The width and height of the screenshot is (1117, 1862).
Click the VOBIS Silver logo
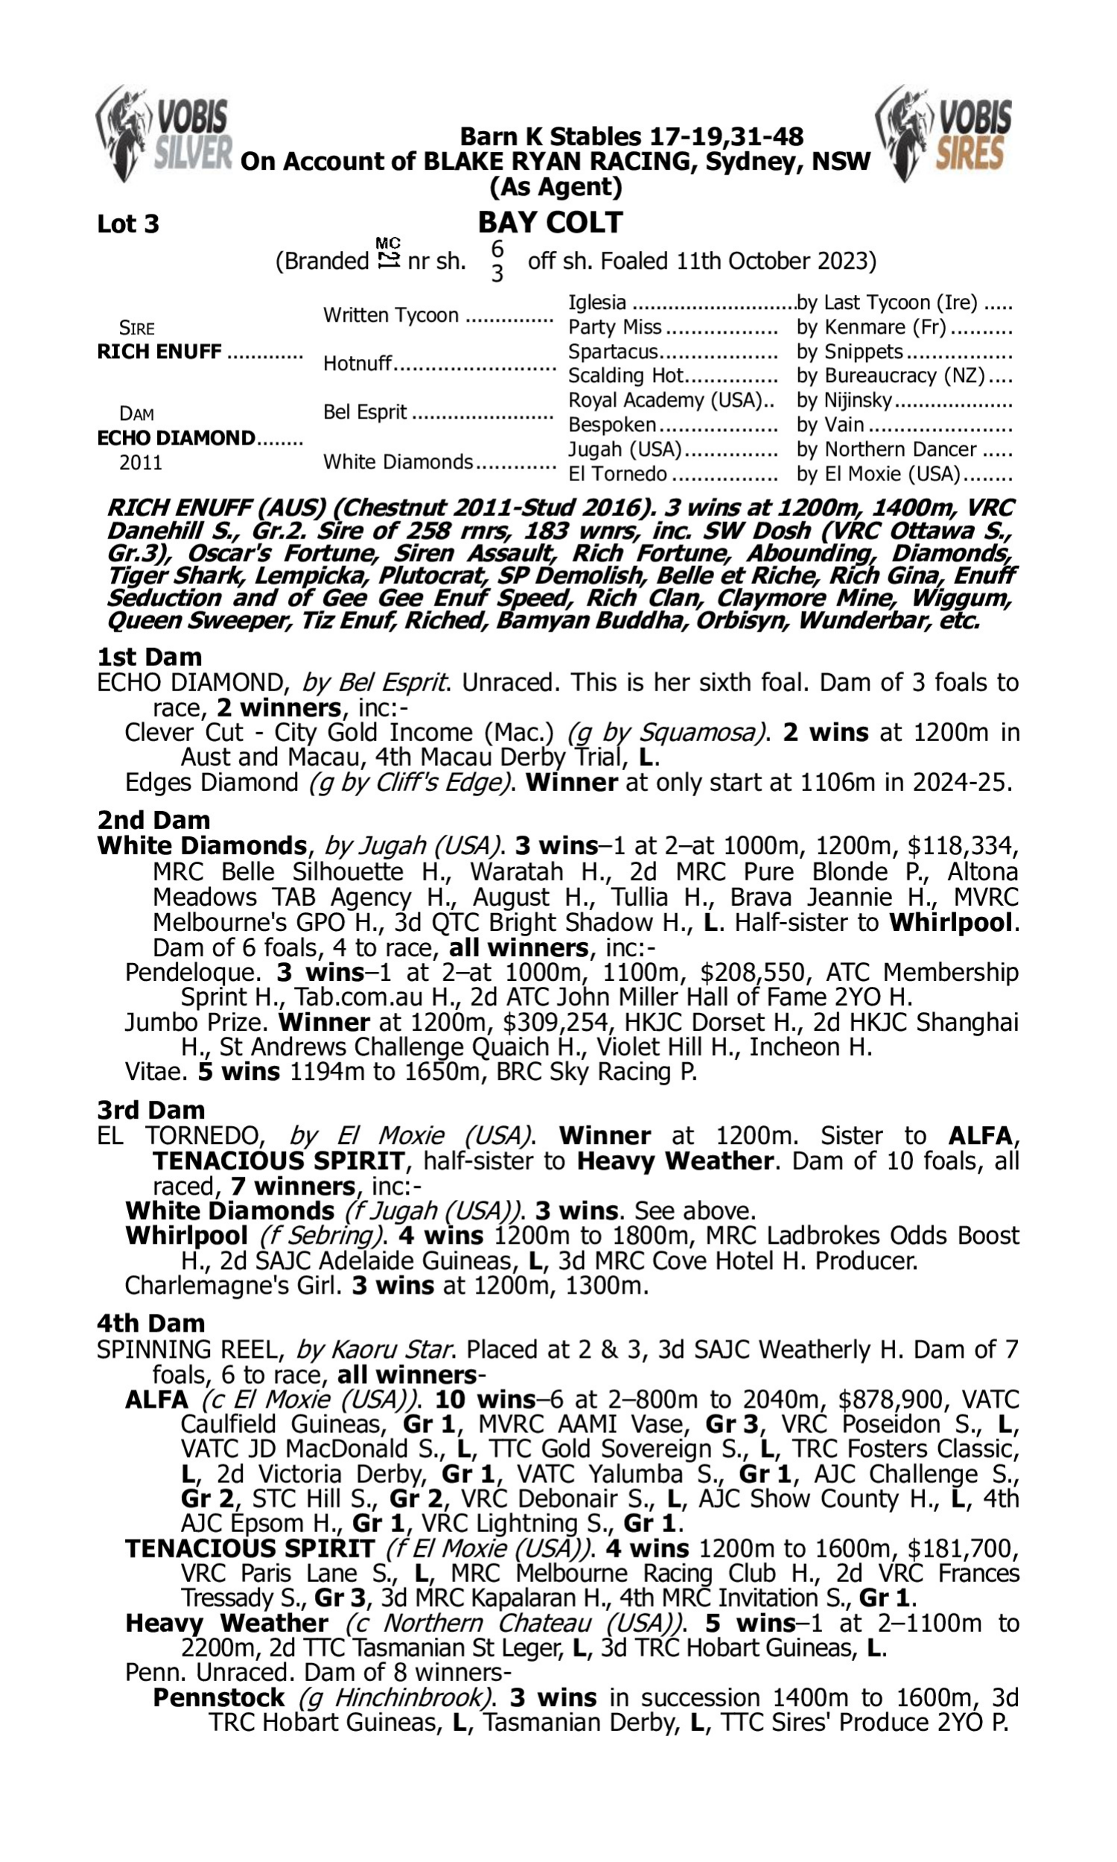click(x=164, y=133)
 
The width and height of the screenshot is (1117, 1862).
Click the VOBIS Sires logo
click(x=943, y=133)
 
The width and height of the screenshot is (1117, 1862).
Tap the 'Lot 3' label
click(x=128, y=224)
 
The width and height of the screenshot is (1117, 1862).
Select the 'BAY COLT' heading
click(x=550, y=223)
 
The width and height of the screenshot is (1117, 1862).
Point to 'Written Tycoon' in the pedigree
click(x=391, y=314)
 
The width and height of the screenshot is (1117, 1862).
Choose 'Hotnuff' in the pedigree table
click(x=357, y=363)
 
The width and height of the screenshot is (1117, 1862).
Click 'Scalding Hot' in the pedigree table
click(x=626, y=375)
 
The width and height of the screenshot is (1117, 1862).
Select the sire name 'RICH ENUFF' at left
click(x=159, y=352)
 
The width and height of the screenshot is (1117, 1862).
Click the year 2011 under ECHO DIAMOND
click(x=141, y=462)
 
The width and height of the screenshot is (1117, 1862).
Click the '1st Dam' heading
click(x=149, y=657)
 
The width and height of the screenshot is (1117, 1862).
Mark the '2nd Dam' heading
click(x=153, y=819)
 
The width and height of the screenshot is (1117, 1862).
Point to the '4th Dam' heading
click(x=150, y=1323)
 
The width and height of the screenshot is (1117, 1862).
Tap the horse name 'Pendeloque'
click(x=192, y=973)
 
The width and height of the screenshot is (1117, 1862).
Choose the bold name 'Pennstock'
click(x=218, y=1698)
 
